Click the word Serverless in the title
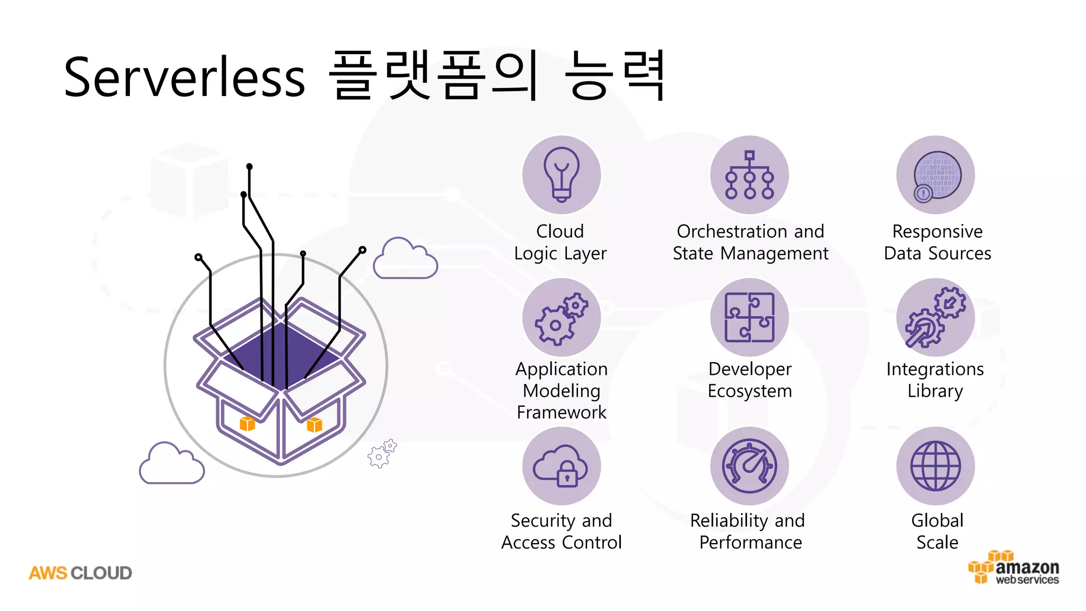point(184,77)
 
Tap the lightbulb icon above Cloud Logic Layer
point(561,174)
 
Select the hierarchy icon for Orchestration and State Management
point(749,174)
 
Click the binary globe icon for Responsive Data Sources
point(936,176)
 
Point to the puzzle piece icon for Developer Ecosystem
point(749,317)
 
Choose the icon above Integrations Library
point(935,317)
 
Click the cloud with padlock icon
point(561,466)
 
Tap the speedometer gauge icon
point(749,466)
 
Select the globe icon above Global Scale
point(935,466)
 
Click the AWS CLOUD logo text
point(80,573)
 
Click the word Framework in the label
point(561,413)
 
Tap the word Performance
point(750,543)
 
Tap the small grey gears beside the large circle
point(382,453)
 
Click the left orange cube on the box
point(247,424)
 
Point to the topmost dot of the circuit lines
point(249,167)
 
